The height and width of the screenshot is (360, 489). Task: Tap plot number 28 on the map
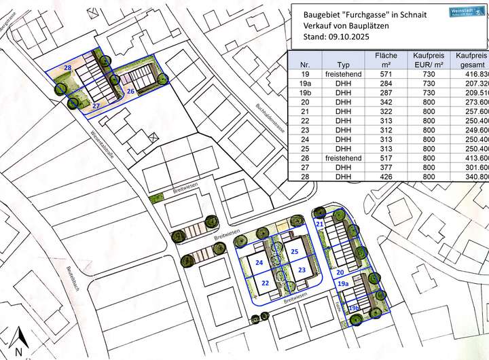click(x=67, y=69)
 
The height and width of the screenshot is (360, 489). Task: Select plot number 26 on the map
click(x=130, y=90)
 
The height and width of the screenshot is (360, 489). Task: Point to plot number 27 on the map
click(x=96, y=106)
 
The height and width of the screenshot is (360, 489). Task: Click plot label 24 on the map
click(x=259, y=262)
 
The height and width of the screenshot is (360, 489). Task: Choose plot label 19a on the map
click(x=343, y=284)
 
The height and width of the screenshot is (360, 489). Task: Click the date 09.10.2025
click(x=350, y=39)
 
